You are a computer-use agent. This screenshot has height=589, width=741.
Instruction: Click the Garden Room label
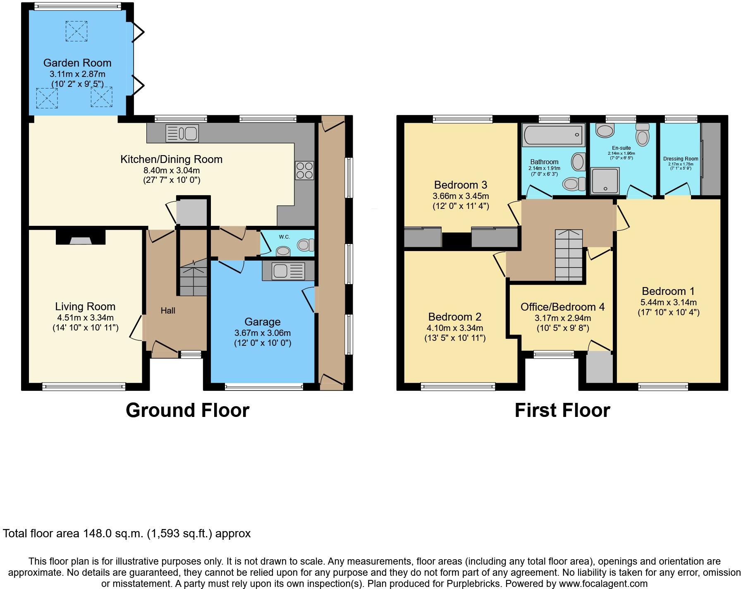tap(77, 63)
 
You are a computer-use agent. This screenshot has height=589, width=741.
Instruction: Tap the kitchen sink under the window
tap(182, 133)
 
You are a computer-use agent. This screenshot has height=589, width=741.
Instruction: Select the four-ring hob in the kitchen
tap(304, 170)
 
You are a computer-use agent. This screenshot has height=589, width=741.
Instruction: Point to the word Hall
tap(168, 311)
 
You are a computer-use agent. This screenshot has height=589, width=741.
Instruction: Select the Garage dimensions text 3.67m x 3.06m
tap(263, 333)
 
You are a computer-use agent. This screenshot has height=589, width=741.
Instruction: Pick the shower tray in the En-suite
tap(605, 181)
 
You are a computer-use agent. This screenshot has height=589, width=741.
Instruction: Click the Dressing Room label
tap(681, 159)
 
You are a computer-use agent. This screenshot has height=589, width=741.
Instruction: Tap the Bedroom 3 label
tap(461, 185)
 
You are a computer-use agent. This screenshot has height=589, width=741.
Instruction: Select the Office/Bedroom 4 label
tap(562, 307)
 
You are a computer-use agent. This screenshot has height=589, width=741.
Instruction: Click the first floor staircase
tap(569, 255)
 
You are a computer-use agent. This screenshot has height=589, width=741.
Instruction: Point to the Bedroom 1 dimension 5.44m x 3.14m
tap(668, 302)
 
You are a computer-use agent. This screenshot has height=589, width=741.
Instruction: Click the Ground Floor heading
tap(187, 410)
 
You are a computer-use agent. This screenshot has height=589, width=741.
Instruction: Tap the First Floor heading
tap(562, 410)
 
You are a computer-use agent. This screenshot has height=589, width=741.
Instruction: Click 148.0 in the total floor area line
tap(96, 534)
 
